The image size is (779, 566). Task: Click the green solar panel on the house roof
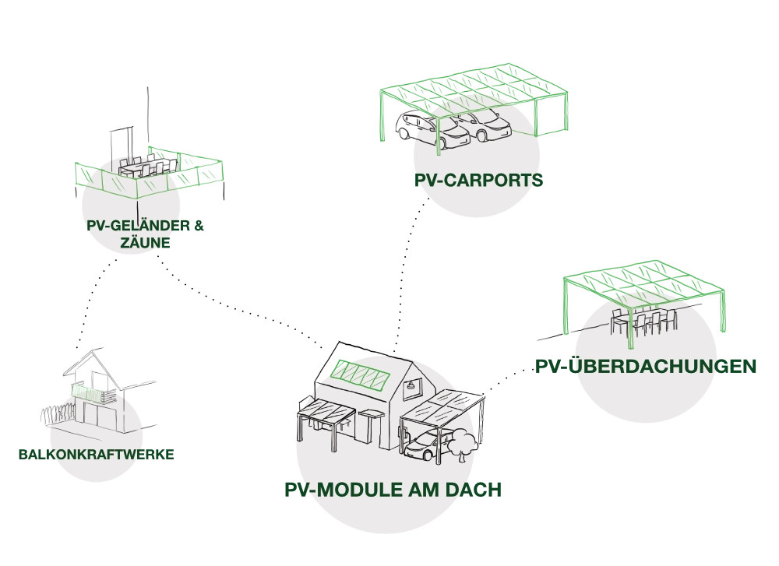[x=360, y=376]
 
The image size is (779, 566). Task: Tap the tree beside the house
[x=459, y=444]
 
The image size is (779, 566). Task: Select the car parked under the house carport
[x=423, y=449]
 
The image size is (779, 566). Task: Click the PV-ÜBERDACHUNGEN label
[x=647, y=365]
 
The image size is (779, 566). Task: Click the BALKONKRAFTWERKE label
[x=97, y=455]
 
